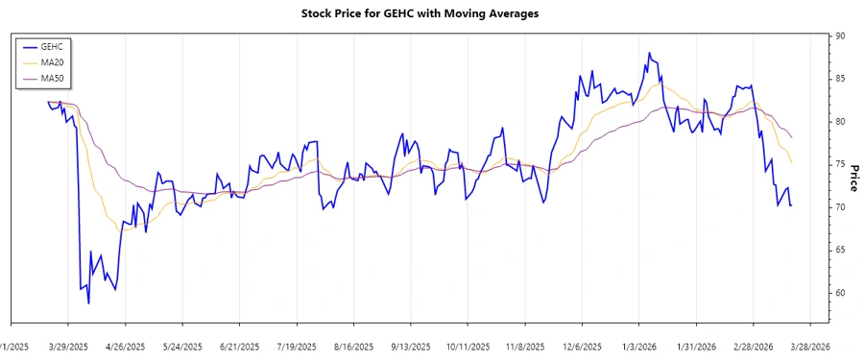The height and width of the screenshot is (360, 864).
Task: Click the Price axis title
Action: point(853,178)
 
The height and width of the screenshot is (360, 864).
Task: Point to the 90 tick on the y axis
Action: point(840,36)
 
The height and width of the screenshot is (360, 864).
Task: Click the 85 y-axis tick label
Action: point(840,79)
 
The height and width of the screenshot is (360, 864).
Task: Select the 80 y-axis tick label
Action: point(840,122)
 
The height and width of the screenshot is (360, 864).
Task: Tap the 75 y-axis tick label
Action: point(840,164)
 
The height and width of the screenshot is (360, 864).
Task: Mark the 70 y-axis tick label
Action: point(840,207)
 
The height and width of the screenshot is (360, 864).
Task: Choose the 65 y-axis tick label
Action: point(840,250)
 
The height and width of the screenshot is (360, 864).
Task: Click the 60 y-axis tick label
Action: point(840,293)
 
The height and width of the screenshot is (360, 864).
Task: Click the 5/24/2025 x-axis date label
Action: point(182,346)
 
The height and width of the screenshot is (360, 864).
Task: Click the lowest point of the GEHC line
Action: point(88,303)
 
